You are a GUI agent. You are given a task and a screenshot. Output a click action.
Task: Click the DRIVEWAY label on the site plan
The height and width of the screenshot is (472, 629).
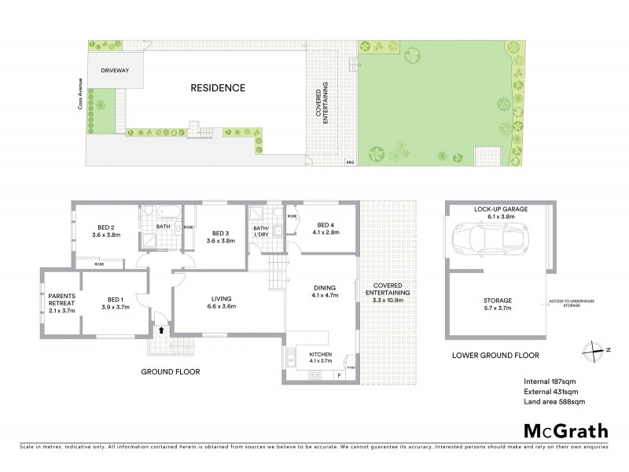[115, 71]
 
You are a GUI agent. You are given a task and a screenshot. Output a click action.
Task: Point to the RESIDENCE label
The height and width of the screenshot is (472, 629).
[218, 88]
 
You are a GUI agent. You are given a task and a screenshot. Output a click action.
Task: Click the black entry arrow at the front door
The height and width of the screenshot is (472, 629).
[160, 331]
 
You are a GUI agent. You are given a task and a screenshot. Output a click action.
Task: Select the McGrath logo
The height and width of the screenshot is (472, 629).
[566, 430]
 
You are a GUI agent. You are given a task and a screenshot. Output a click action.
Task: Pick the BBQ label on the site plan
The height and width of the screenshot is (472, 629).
[350, 163]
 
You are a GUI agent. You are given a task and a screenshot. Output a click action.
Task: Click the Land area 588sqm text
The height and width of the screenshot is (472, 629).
[555, 403]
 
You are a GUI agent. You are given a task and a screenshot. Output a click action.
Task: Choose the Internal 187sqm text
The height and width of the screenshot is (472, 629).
[550, 383]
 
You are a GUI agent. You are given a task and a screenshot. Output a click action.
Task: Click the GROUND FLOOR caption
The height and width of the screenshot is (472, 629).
[171, 371]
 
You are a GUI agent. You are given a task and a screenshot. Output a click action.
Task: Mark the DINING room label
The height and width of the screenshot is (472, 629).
[324, 290]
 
